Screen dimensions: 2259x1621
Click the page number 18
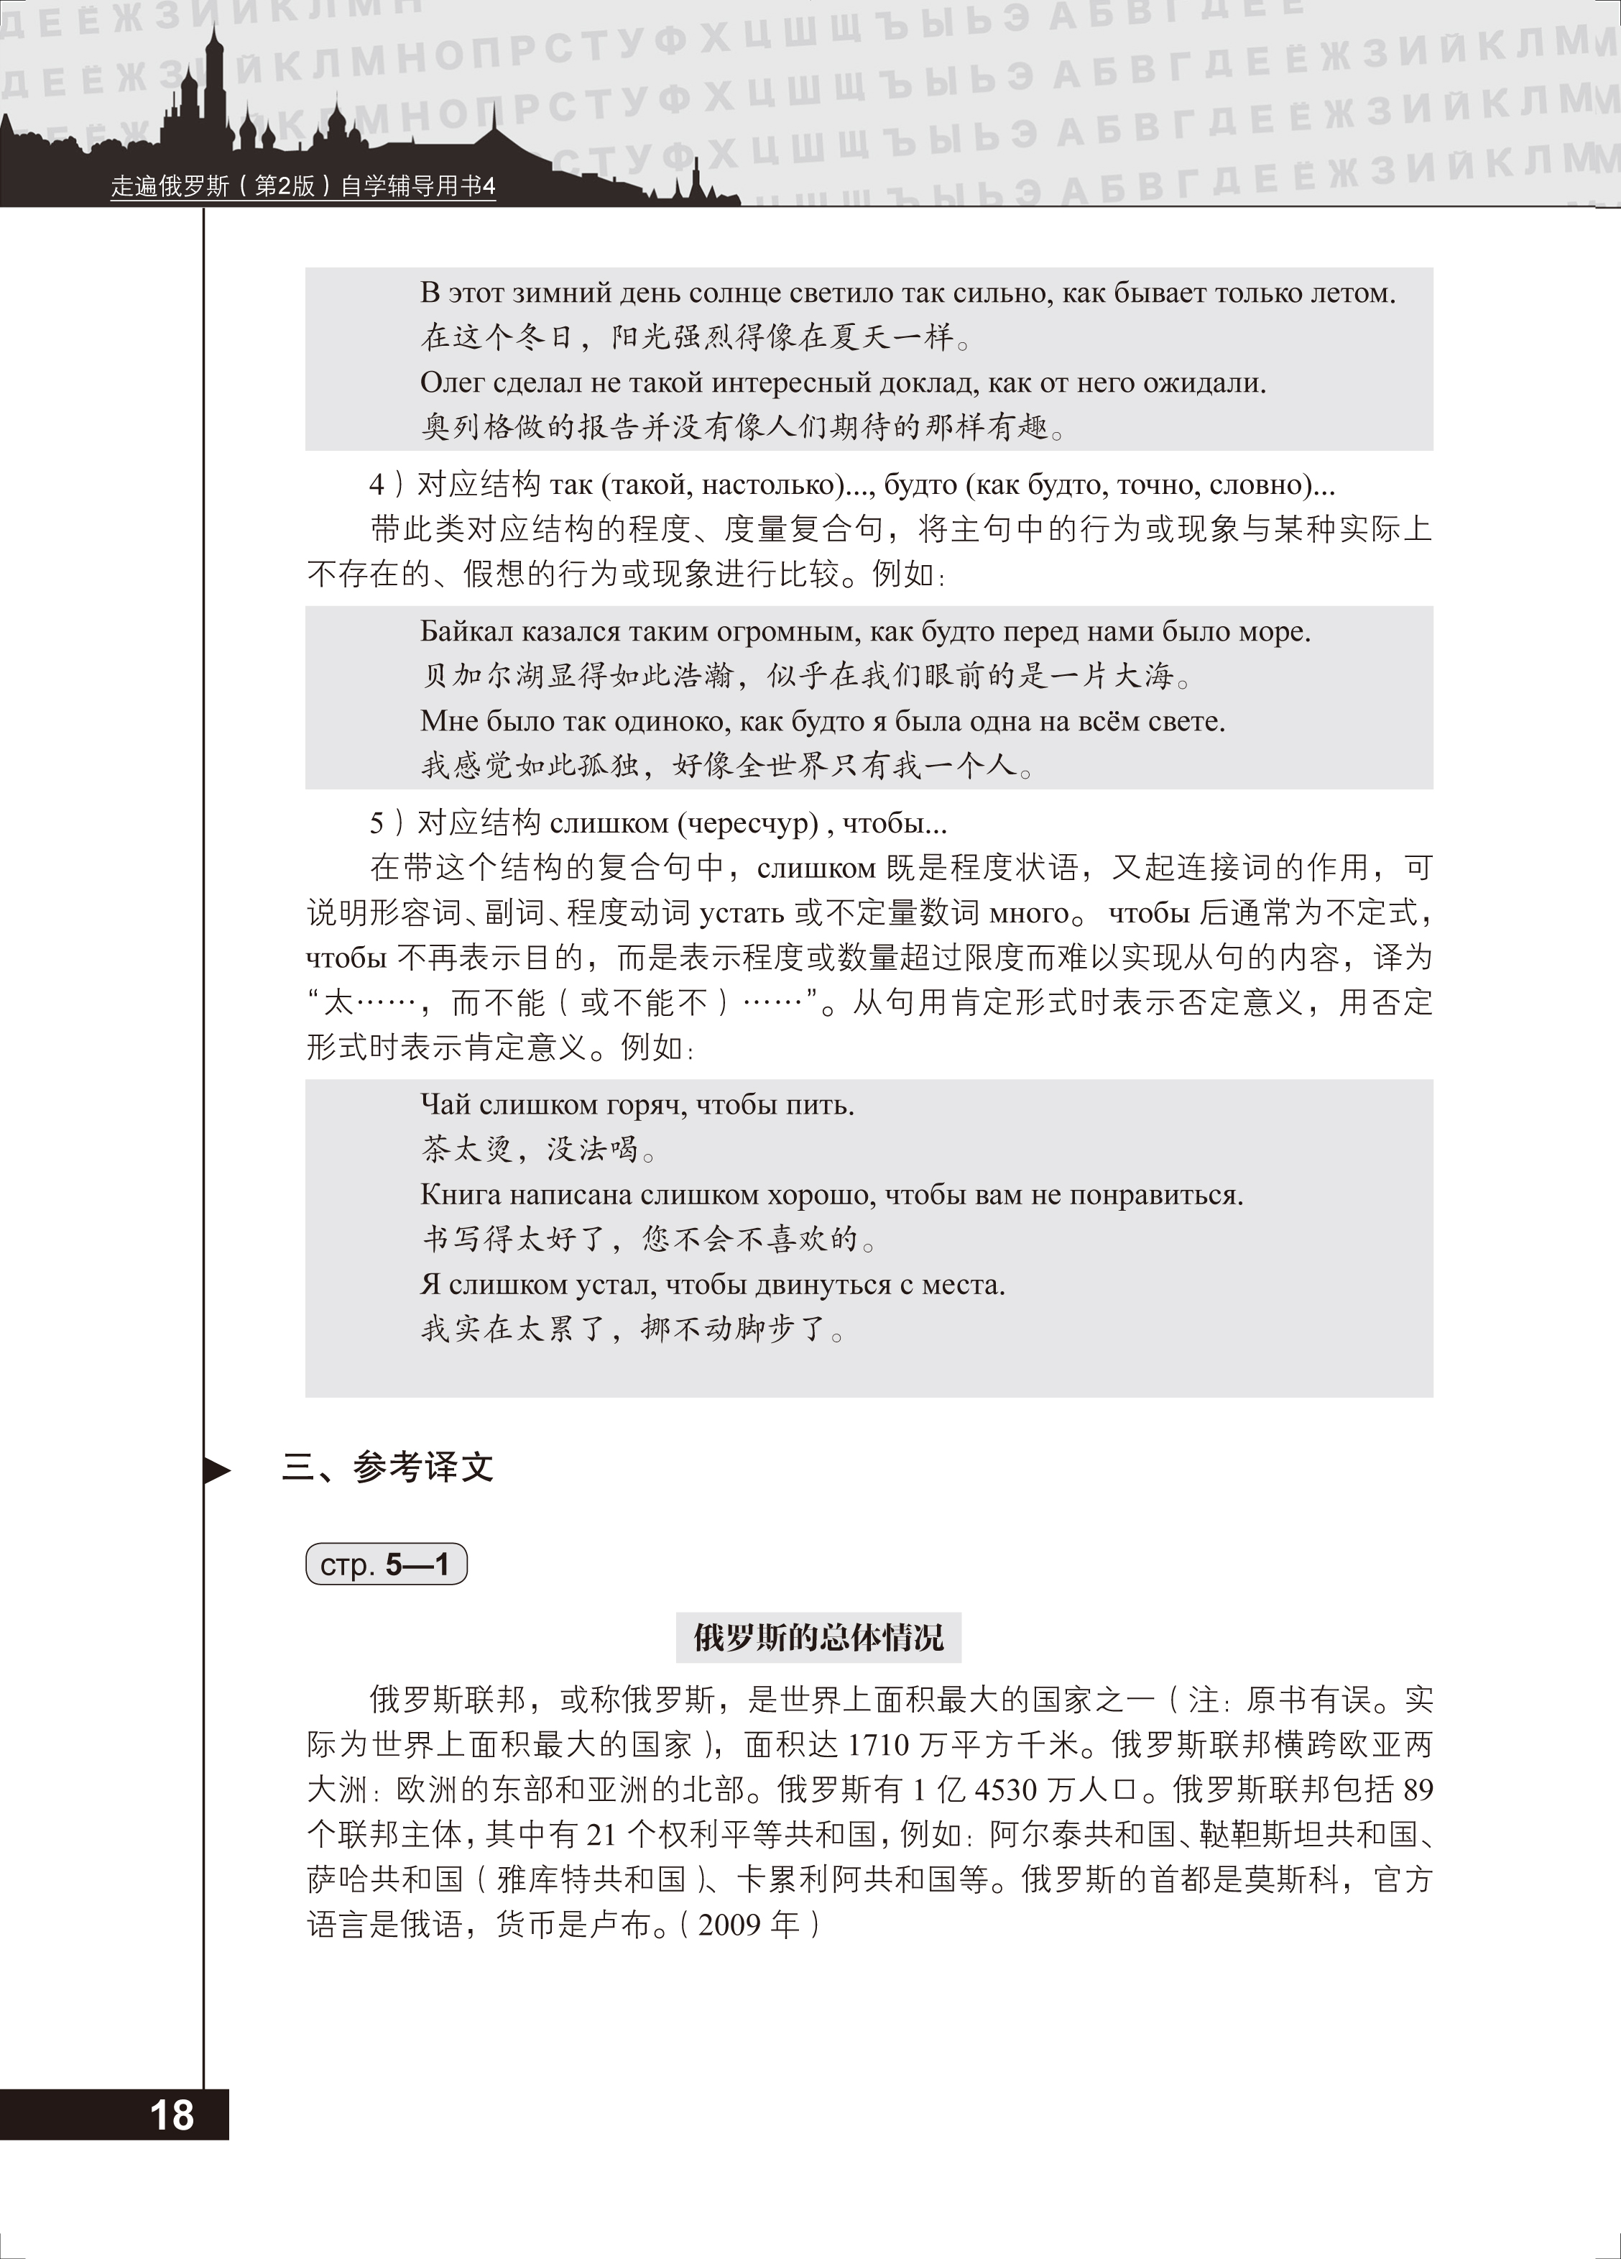pyautogui.click(x=171, y=2114)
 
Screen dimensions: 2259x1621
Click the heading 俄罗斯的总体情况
pyautogui.click(x=818, y=1638)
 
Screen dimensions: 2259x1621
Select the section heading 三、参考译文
pyautogui.click(x=388, y=1467)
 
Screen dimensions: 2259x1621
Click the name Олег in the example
pyautogui.click(x=453, y=382)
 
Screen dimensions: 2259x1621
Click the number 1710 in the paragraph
pyautogui.click(x=879, y=1745)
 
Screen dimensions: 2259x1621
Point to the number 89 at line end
pyautogui.click(x=1417, y=1790)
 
